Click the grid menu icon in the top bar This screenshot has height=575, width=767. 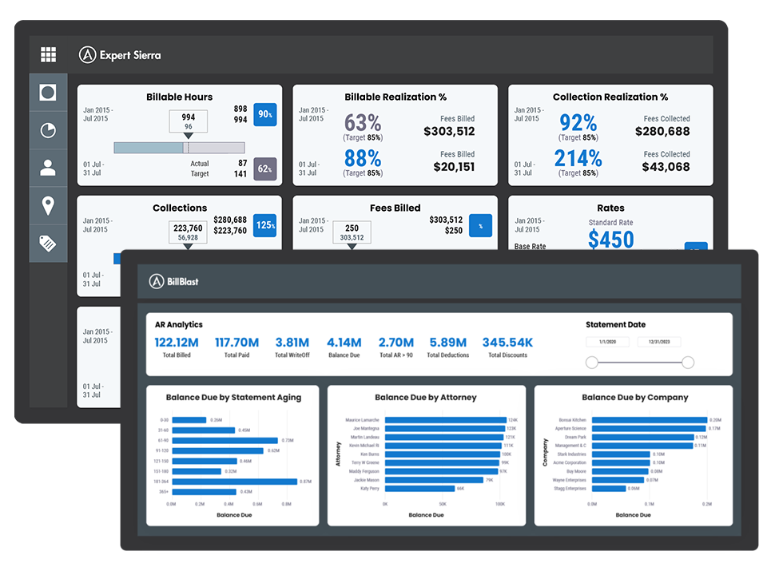[48, 54]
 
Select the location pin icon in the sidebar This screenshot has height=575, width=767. [48, 206]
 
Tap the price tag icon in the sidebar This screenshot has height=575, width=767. [48, 244]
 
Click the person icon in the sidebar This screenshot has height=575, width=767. [48, 168]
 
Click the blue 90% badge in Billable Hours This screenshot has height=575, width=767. [265, 115]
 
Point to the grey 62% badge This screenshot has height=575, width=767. [265, 169]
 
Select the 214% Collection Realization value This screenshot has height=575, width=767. [578, 158]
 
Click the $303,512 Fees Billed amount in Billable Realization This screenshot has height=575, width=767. [449, 131]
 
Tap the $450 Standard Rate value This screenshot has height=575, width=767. [610, 239]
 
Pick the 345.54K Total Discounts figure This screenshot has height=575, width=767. [507, 343]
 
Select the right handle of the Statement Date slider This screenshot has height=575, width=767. [688, 363]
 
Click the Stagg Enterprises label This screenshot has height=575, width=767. [570, 489]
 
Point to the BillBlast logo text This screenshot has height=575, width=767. [182, 281]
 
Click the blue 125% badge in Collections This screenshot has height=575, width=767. [265, 225]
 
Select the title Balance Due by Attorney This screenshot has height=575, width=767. [426, 397]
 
